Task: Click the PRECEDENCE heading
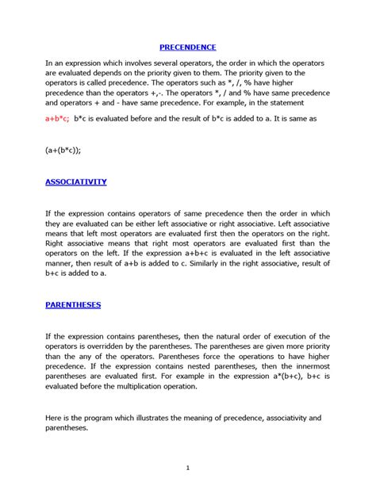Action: (x=187, y=47)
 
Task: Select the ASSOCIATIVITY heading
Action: (x=75, y=182)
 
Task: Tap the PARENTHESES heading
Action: (x=73, y=304)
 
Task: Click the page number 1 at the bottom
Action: (x=188, y=468)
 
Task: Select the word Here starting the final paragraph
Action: (x=54, y=419)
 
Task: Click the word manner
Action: (x=61, y=262)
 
